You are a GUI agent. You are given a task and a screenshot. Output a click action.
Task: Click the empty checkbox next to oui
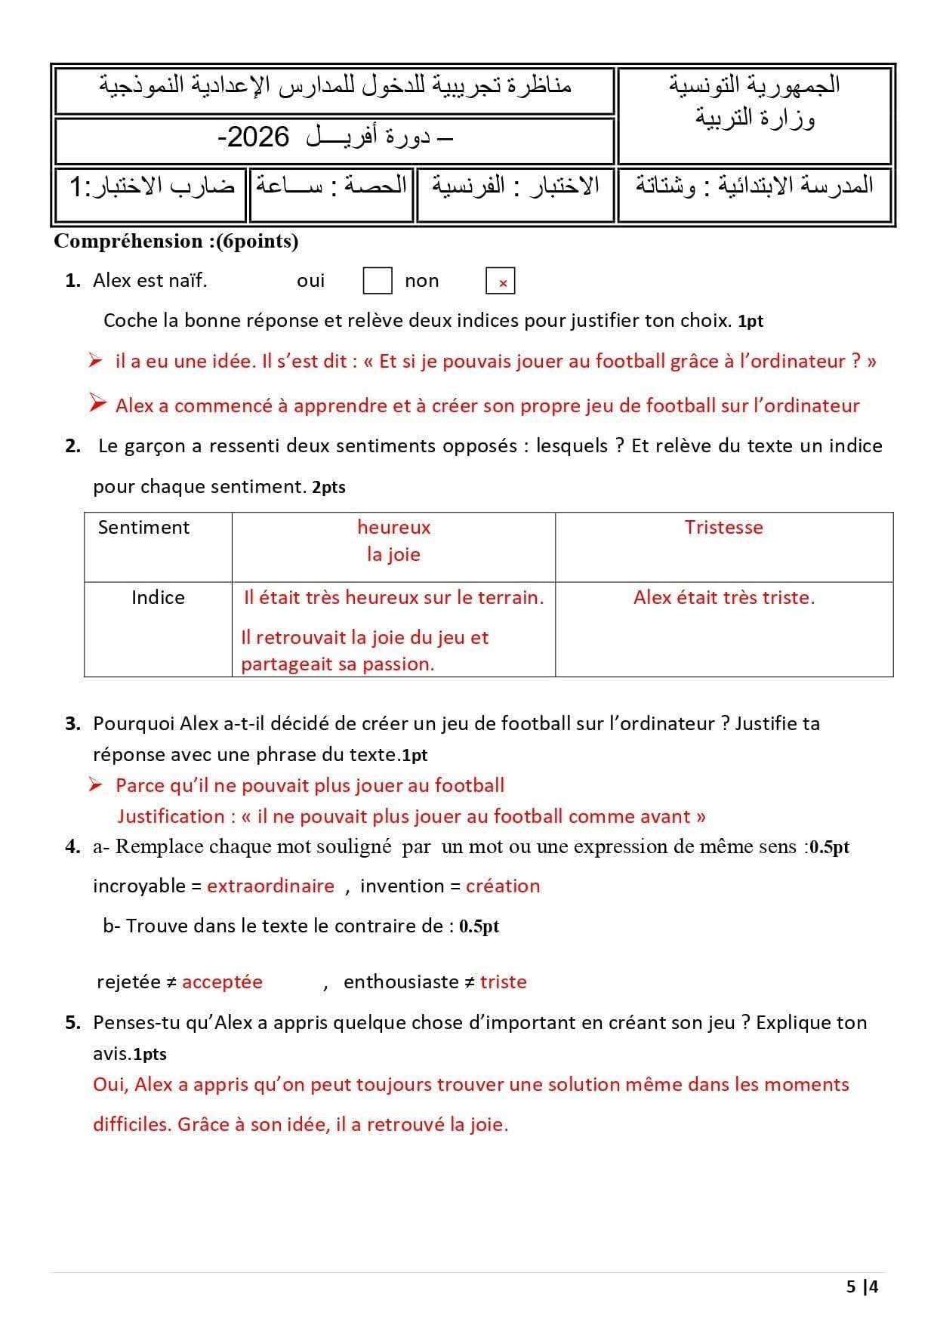click(378, 281)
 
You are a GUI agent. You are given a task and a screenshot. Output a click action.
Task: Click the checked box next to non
click(501, 282)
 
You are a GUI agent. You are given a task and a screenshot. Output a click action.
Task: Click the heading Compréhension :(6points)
click(177, 242)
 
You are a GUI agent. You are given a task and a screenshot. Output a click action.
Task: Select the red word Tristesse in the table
click(723, 527)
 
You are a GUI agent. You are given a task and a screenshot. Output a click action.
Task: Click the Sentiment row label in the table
click(143, 527)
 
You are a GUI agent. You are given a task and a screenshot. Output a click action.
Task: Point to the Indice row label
click(158, 597)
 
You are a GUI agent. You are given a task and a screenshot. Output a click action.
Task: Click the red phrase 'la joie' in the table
click(393, 554)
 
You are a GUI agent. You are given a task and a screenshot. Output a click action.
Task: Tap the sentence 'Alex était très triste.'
click(724, 597)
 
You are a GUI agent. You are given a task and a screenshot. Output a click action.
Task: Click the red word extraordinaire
click(270, 886)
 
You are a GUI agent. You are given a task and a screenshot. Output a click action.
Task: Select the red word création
click(503, 886)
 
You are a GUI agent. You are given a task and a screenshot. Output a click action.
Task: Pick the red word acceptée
click(222, 981)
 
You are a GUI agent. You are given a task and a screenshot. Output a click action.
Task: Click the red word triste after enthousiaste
click(503, 981)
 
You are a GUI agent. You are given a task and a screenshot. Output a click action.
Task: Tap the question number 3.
click(72, 723)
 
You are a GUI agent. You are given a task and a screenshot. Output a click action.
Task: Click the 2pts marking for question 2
click(328, 488)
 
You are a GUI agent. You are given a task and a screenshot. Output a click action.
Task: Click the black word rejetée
click(128, 981)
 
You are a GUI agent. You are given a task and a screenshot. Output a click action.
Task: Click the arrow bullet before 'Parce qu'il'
click(95, 785)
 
